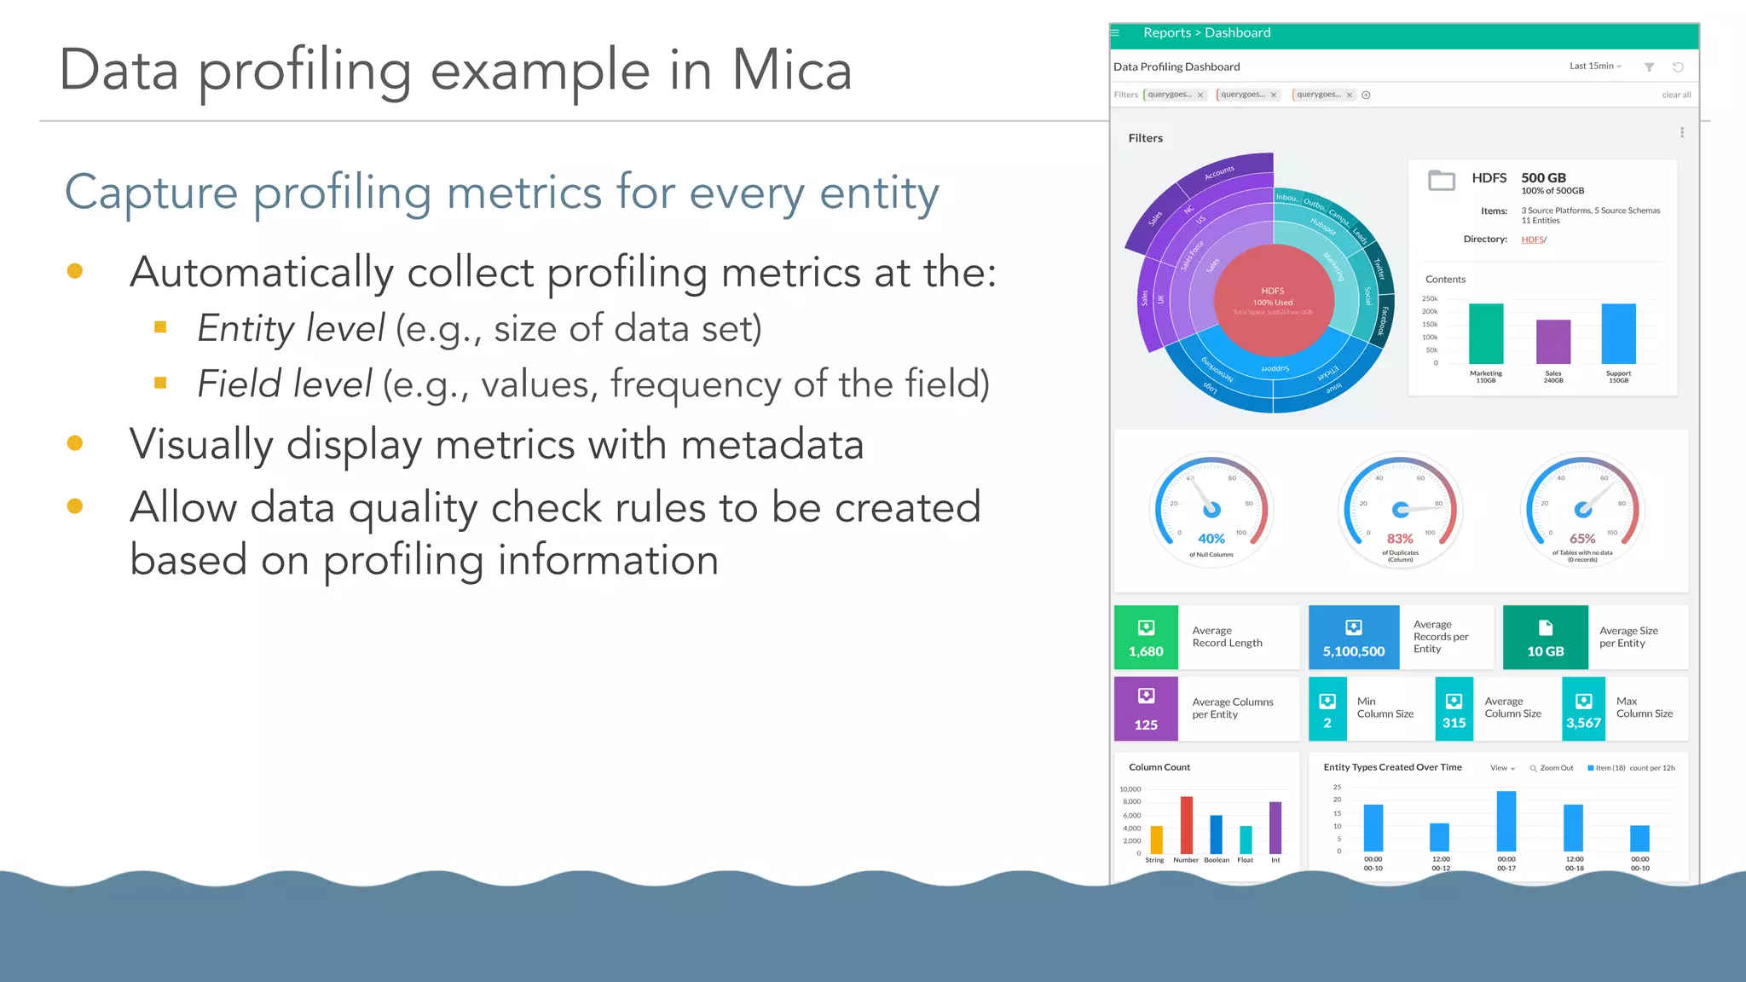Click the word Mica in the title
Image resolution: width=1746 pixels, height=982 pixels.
pyautogui.click(x=791, y=70)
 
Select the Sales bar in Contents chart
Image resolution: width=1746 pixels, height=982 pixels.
pyautogui.click(x=1552, y=342)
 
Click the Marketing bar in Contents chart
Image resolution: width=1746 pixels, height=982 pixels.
pyautogui.click(x=1485, y=333)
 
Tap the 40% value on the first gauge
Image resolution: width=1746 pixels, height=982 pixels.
pyautogui.click(x=1211, y=539)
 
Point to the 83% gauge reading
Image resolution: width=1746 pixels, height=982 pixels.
pyautogui.click(x=1399, y=539)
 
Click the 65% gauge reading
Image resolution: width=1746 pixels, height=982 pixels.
pyautogui.click(x=1581, y=539)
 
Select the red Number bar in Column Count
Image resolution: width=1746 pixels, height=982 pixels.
pyautogui.click(x=1186, y=824)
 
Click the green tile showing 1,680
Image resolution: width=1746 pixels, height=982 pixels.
pyautogui.click(x=1146, y=638)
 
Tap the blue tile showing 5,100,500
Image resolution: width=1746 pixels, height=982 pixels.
pyautogui.click(x=1353, y=638)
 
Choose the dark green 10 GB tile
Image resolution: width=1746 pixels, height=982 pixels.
pyautogui.click(x=1545, y=638)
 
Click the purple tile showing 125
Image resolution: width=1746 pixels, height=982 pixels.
pyautogui.click(x=1146, y=709)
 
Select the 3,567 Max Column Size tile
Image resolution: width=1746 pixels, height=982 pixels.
pyautogui.click(x=1583, y=709)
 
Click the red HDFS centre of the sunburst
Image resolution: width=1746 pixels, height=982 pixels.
pyautogui.click(x=1273, y=301)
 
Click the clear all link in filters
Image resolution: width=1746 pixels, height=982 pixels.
pyautogui.click(x=1675, y=95)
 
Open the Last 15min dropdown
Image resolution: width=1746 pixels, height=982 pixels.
pyautogui.click(x=1594, y=66)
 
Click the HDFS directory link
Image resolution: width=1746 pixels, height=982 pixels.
pyautogui.click(x=1532, y=240)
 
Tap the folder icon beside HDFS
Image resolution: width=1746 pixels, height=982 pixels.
pyautogui.click(x=1441, y=180)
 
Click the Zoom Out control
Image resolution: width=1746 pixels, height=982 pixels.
pyautogui.click(x=1552, y=768)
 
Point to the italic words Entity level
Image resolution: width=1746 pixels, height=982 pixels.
pyautogui.click(x=291, y=328)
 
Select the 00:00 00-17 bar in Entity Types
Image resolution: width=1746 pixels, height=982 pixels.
pyautogui.click(x=1506, y=821)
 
